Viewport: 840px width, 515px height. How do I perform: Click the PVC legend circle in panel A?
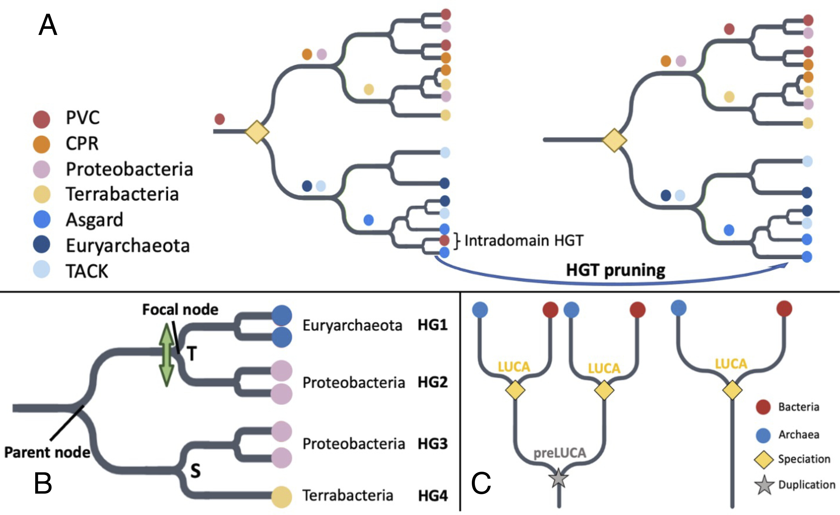click(x=42, y=119)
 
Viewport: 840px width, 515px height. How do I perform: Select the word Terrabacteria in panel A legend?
click(x=122, y=194)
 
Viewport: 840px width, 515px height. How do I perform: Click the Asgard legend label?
click(x=95, y=220)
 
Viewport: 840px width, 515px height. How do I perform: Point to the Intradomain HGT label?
click(x=524, y=241)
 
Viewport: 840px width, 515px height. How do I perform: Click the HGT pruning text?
click(x=615, y=270)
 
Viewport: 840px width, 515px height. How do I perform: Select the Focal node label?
click(x=180, y=309)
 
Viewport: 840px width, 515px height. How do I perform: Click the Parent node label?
click(x=47, y=452)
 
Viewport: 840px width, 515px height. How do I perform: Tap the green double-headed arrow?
click(x=167, y=355)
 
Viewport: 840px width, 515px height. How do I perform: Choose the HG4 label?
click(x=432, y=496)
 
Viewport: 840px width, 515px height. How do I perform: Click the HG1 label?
click(x=432, y=325)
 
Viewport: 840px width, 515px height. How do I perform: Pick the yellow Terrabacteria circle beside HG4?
click(x=282, y=497)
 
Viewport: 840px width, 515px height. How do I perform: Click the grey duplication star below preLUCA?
click(x=558, y=478)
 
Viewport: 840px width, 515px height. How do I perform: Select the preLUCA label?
click(x=559, y=453)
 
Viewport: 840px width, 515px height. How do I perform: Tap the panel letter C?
click(x=481, y=483)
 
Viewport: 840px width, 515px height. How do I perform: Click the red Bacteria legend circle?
click(x=763, y=407)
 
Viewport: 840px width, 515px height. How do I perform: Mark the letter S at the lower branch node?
click(x=195, y=471)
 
